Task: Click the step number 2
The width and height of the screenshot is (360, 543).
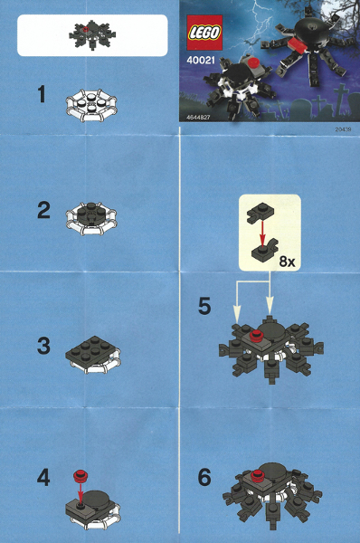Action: point(43,211)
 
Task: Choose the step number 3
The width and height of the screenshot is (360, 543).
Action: point(43,346)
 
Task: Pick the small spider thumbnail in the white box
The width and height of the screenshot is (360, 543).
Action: point(90,35)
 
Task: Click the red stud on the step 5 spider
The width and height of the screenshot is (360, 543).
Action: point(256,336)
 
